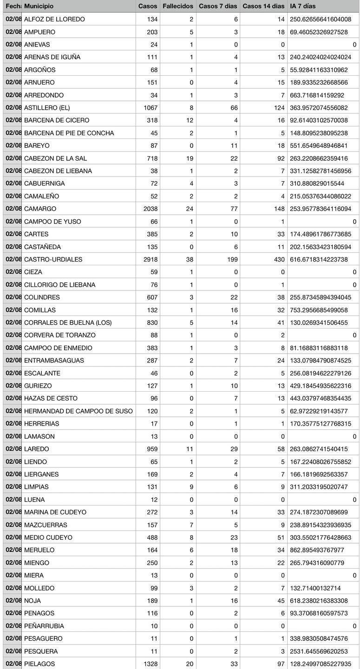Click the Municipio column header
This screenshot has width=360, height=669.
coord(39,6)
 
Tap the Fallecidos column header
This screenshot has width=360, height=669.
coord(178,6)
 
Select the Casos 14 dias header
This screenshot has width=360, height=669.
coord(263,6)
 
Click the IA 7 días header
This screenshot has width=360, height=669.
coord(302,6)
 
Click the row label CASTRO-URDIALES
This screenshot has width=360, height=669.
coord(53,259)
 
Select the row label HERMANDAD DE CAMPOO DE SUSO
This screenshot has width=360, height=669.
coord(78,411)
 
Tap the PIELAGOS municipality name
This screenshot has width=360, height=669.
coord(39,664)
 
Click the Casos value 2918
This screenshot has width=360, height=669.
coord(149,259)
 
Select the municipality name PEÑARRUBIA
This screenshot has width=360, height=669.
coord(44,626)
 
